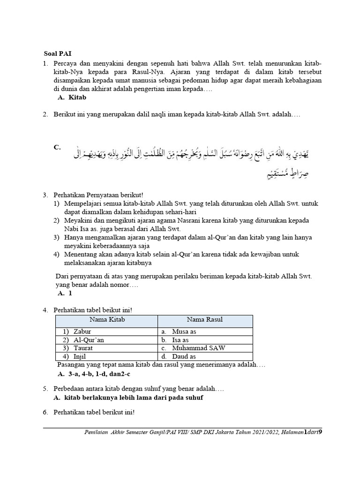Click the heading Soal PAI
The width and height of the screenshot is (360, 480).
tap(54, 53)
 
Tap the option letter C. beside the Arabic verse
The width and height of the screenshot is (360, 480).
tap(57, 147)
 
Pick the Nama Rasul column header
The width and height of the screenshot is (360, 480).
tap(205, 320)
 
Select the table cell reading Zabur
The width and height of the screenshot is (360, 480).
tap(82, 331)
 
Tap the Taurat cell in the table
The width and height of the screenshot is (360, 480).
tap(83, 348)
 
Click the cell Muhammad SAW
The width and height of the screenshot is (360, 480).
tap(198, 348)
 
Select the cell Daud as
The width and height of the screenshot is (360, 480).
tap(184, 357)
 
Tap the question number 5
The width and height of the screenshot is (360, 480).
tap(45, 389)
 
